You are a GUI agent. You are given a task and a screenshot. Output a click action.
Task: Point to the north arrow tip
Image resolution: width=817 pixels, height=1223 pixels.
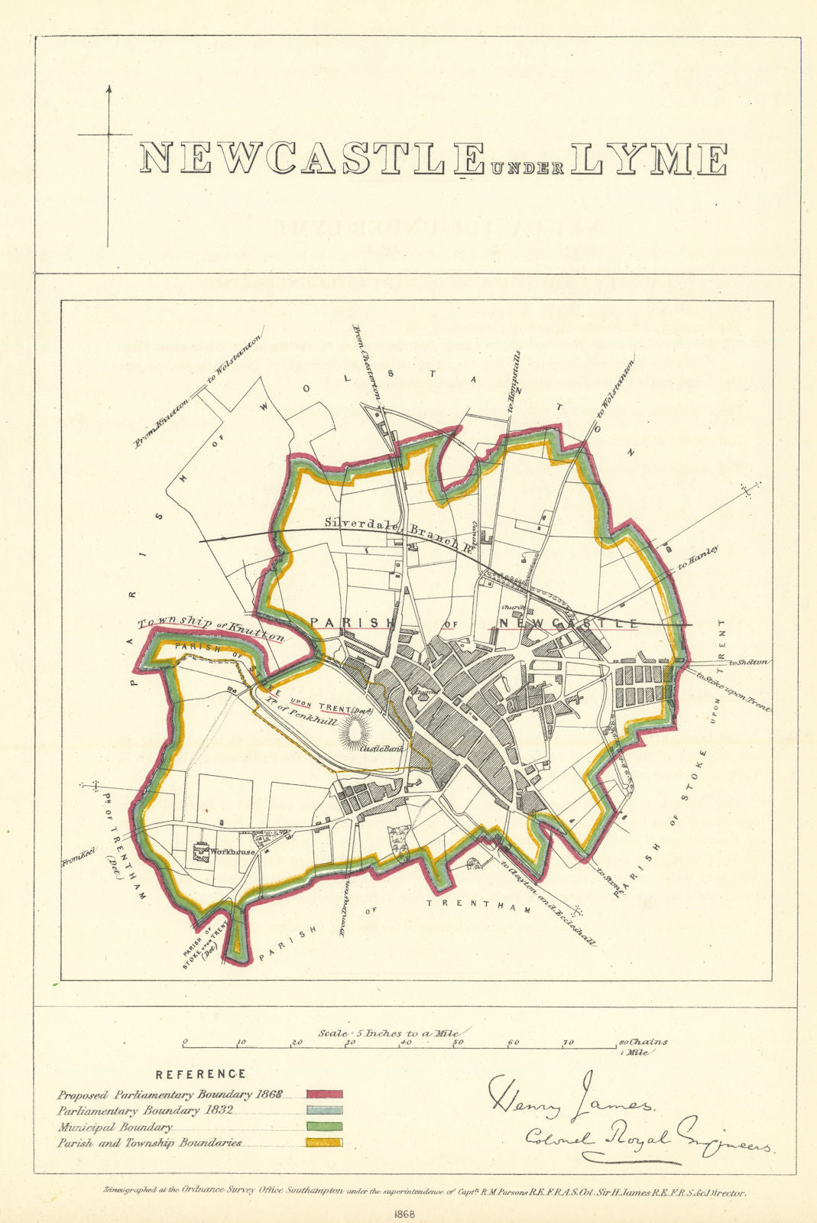click(x=108, y=87)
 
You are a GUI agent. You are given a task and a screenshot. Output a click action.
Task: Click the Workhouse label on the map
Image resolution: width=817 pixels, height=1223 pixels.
click(x=233, y=852)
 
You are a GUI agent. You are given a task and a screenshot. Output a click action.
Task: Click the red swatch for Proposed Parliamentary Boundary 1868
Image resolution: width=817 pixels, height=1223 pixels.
click(x=324, y=1095)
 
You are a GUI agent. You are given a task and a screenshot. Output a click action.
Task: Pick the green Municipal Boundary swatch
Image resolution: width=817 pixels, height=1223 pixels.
click(x=324, y=1127)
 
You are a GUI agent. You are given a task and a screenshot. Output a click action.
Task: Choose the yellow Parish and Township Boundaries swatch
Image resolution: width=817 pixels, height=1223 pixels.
click(x=324, y=1143)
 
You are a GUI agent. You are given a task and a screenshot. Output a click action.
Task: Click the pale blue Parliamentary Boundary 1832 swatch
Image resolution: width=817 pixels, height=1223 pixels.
click(x=324, y=1111)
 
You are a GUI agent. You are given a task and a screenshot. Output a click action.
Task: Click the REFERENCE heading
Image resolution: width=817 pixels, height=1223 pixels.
click(x=201, y=1074)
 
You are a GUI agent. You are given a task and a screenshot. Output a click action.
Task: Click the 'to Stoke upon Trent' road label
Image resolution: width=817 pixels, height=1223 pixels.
click(x=732, y=691)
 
